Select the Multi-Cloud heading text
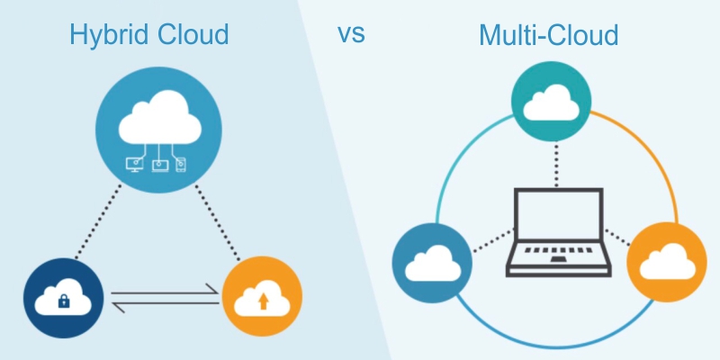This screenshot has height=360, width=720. [548, 36]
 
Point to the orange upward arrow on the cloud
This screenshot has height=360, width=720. [263, 301]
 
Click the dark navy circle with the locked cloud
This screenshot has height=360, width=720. [63, 298]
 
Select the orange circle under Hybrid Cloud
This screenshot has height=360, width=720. [262, 298]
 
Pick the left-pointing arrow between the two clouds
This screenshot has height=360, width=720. [162, 306]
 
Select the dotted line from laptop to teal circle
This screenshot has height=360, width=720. [550, 162]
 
